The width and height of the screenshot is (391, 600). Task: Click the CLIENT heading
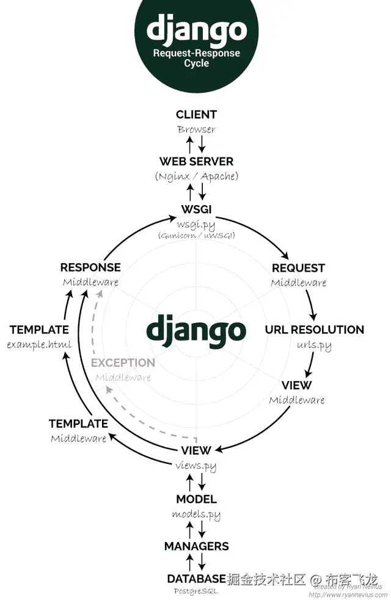click(196, 114)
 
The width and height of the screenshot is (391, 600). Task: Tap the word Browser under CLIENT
click(196, 129)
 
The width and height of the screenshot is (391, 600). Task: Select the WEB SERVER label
click(196, 162)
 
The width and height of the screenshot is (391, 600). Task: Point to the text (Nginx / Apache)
click(196, 176)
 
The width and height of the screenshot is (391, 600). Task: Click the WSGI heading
click(196, 209)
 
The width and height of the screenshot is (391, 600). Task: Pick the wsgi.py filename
click(196, 224)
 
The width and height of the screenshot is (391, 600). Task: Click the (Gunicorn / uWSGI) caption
click(196, 236)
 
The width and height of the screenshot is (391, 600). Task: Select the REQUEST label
click(298, 268)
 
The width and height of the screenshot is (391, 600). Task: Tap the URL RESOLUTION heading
click(314, 330)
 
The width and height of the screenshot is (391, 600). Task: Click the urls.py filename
click(314, 345)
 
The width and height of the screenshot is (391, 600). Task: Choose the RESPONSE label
click(90, 267)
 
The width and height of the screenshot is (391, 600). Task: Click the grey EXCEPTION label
click(123, 363)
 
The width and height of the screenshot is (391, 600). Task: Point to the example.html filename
click(39, 345)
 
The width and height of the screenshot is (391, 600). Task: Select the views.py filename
click(196, 466)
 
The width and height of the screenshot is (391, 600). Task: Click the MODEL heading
click(196, 499)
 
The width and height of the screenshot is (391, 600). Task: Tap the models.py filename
click(196, 515)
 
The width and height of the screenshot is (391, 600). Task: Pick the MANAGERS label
click(196, 546)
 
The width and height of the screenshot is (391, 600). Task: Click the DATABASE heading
click(196, 579)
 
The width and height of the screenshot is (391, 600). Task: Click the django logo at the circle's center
click(196, 330)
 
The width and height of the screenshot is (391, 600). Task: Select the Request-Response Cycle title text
click(196, 58)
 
